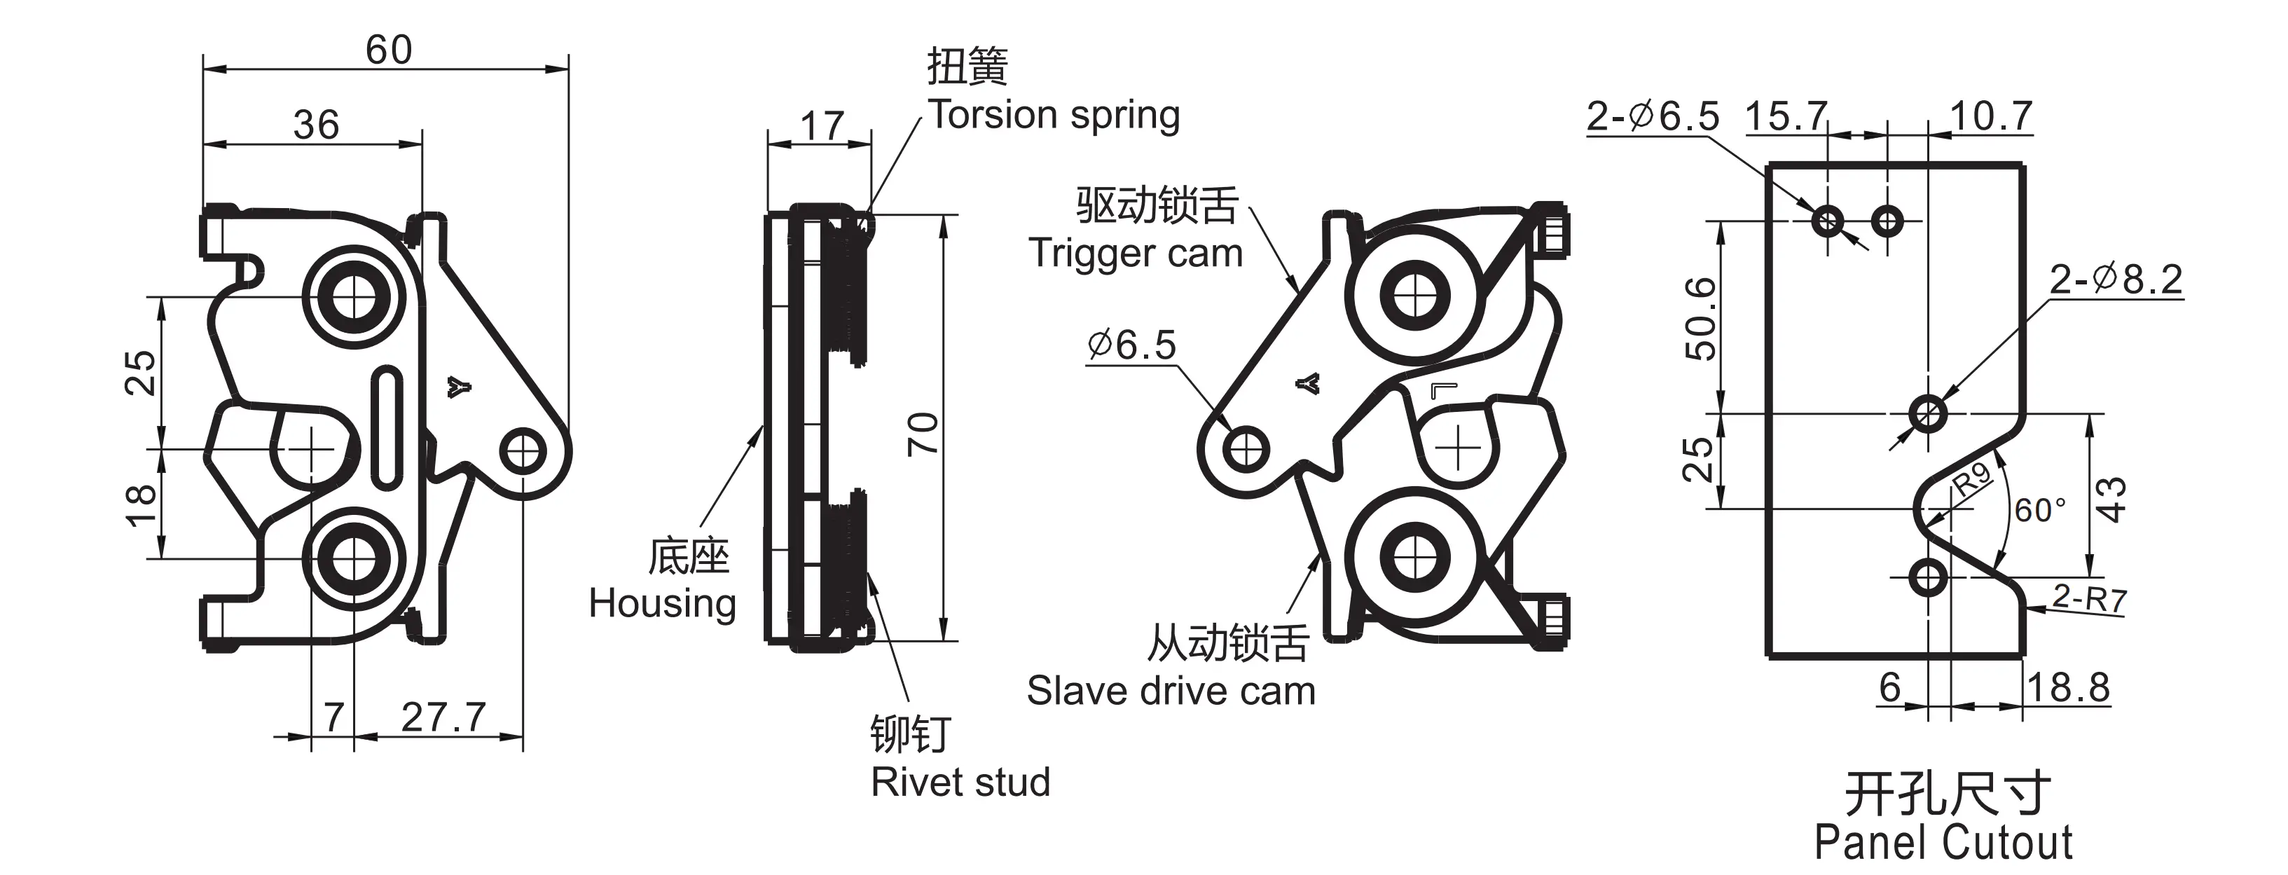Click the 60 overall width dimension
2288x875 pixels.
388,50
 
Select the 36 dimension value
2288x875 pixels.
315,125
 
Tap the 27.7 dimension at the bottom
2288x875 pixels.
443,717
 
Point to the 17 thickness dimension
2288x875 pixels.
822,125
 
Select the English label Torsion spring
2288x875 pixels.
1054,116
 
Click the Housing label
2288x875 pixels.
663,604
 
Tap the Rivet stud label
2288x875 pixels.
960,783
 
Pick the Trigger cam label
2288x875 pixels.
1135,253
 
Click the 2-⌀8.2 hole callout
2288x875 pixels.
2116,280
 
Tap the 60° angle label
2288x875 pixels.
2040,511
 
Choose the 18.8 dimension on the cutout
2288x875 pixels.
2069,687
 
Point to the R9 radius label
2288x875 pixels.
1972,480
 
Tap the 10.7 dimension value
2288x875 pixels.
1990,116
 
